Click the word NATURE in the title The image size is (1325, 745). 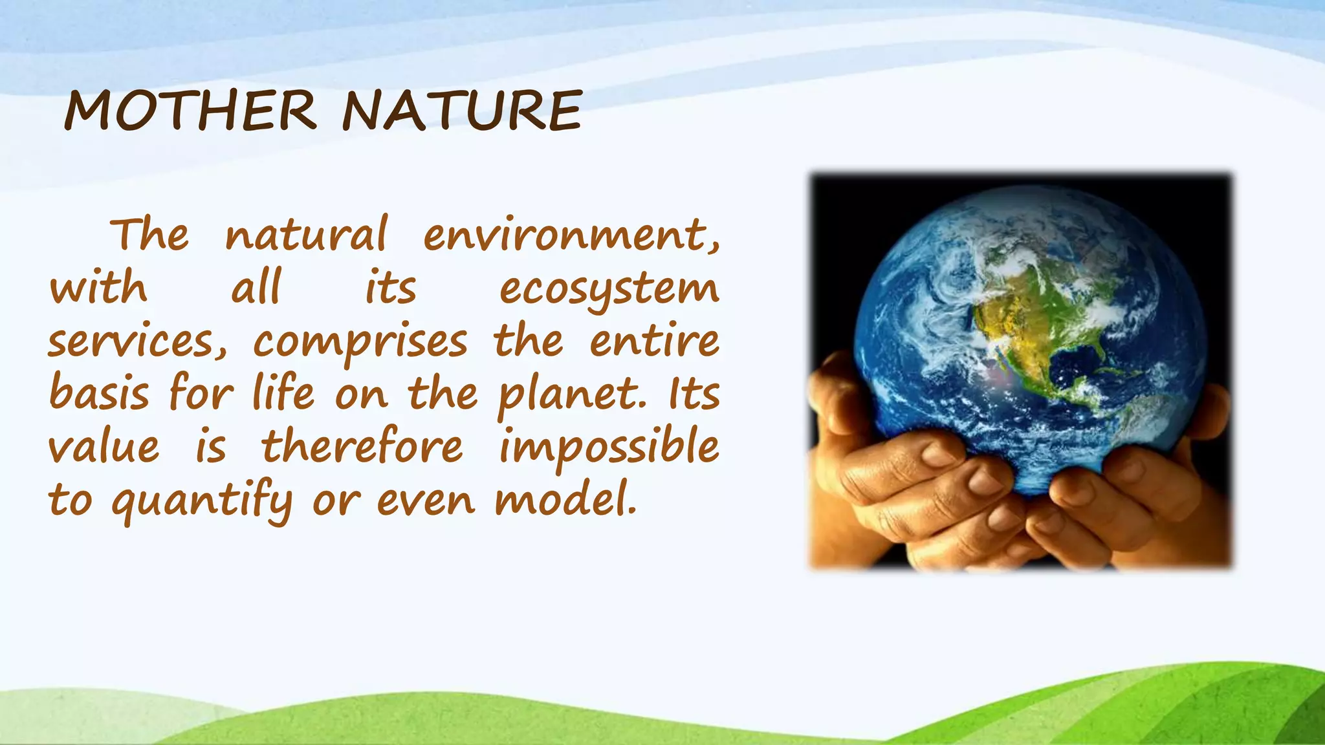pos(462,111)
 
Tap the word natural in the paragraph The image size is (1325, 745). pos(306,235)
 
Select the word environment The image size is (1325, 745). pos(571,235)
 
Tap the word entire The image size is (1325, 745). pos(654,341)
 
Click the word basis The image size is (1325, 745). pos(99,393)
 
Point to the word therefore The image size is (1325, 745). pos(362,446)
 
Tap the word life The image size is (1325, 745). pos(283,393)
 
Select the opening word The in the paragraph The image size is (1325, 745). pos(150,234)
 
